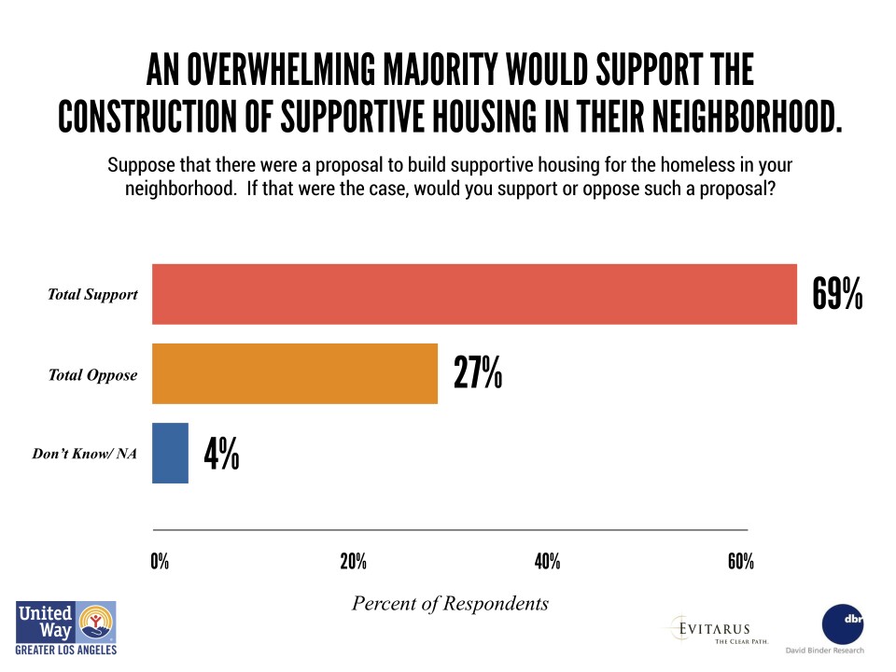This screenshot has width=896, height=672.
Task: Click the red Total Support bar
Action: tap(474, 295)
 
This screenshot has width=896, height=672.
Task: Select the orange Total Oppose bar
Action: tap(294, 374)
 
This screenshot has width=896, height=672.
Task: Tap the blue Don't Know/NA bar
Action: tap(170, 454)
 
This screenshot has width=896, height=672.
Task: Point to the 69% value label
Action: tap(837, 295)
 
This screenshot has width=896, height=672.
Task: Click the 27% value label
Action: tap(478, 373)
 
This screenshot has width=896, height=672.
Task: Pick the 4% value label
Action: tap(221, 454)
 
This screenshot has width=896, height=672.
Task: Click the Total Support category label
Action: tap(93, 295)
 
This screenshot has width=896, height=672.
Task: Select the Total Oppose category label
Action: tap(93, 375)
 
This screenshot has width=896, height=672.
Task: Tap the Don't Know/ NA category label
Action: tap(85, 455)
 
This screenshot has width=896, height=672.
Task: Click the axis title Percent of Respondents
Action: tap(450, 603)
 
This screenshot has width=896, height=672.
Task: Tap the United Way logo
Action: tap(65, 627)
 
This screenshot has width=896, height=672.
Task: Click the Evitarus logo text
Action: tap(714, 628)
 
